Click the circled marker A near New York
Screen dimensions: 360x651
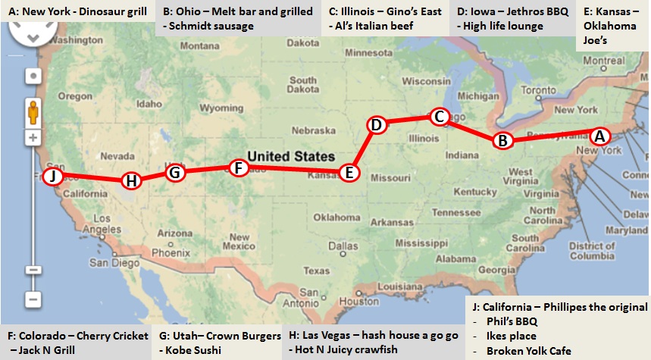coord(599,136)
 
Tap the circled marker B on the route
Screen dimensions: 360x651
coord(502,140)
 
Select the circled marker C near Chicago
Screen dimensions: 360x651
coord(439,117)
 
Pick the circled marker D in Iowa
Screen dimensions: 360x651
coord(377,124)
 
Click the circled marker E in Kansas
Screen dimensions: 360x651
coord(349,173)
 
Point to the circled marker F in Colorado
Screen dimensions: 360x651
coord(238,167)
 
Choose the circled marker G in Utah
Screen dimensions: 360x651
coord(175,172)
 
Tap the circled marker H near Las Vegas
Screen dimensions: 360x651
coord(132,180)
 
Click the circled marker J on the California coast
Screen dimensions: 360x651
coord(52,177)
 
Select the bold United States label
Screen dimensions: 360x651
coord(292,155)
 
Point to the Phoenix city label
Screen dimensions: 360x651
coord(170,252)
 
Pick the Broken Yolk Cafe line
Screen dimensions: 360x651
coord(529,351)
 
